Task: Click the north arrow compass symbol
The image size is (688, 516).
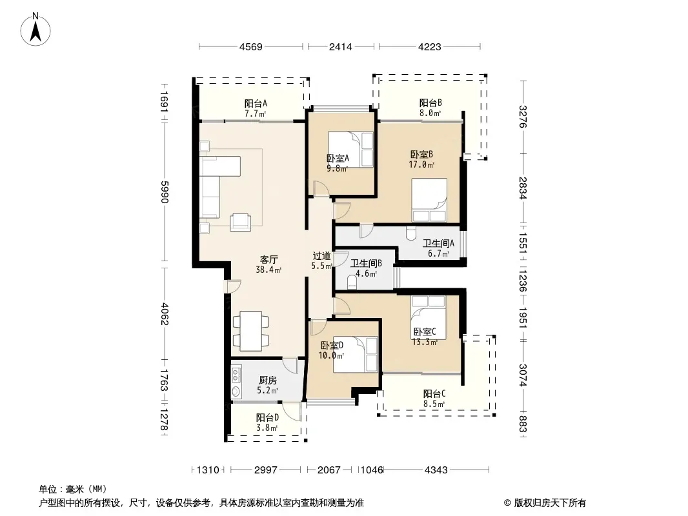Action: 35,29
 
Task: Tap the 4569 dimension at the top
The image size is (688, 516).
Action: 251,47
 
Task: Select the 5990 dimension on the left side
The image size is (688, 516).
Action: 164,192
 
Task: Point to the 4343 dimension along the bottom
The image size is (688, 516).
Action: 436,470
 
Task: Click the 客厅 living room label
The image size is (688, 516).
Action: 268,259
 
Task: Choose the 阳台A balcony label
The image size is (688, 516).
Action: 256,103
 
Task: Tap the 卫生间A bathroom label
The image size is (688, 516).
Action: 438,243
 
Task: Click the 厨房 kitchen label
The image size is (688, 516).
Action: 268,380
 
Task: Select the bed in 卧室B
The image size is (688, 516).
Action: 429,200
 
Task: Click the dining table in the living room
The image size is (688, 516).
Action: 251,330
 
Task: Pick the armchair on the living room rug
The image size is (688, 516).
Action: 241,221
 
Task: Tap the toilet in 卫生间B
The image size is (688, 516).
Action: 352,283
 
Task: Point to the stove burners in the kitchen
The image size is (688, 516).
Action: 236,374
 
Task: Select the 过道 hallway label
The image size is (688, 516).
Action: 321,255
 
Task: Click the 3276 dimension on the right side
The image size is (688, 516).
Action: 522,117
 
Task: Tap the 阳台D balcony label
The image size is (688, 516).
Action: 267,417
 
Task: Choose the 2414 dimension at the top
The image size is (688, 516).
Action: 341,47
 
